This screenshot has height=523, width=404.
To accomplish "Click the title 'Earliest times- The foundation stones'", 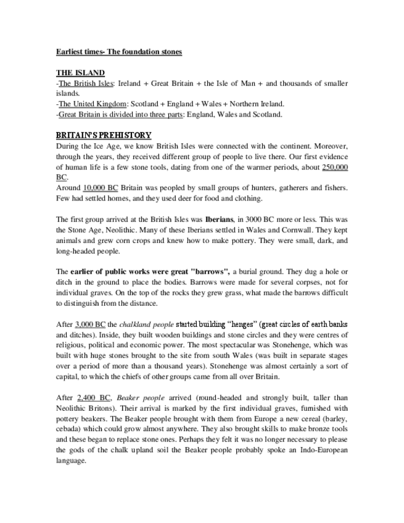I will coord(115,52).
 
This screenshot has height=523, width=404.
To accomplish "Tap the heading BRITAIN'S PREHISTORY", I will coord(104,135).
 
